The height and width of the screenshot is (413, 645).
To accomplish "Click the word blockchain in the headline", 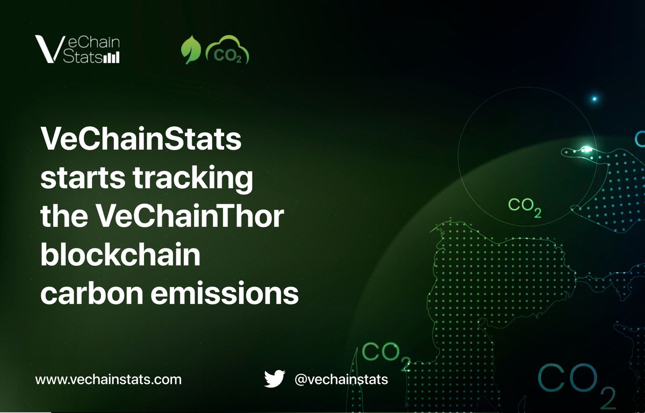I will click(x=121, y=256).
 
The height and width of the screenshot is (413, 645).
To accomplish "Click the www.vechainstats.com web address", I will click(x=109, y=379).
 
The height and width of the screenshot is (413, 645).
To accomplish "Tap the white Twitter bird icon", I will click(x=274, y=379).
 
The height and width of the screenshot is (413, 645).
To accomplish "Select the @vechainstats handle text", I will click(x=341, y=379).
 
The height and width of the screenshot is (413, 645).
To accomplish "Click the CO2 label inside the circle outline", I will click(x=525, y=206).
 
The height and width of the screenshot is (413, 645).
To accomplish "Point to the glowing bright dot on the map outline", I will click(x=587, y=149).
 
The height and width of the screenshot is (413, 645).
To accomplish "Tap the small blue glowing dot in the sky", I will click(x=594, y=99).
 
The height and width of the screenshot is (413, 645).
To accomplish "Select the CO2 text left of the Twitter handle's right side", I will click(x=386, y=354).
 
